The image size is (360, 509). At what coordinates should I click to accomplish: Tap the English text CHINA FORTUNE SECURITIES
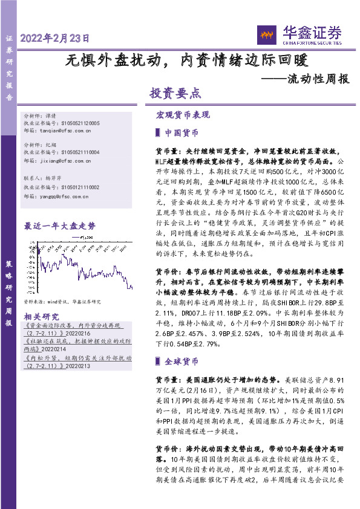(311, 42)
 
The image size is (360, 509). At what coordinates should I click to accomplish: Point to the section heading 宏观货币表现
(183, 114)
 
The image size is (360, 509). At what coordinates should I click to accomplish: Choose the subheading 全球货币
(181, 361)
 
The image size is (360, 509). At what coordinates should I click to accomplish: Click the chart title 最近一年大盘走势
(59, 226)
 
